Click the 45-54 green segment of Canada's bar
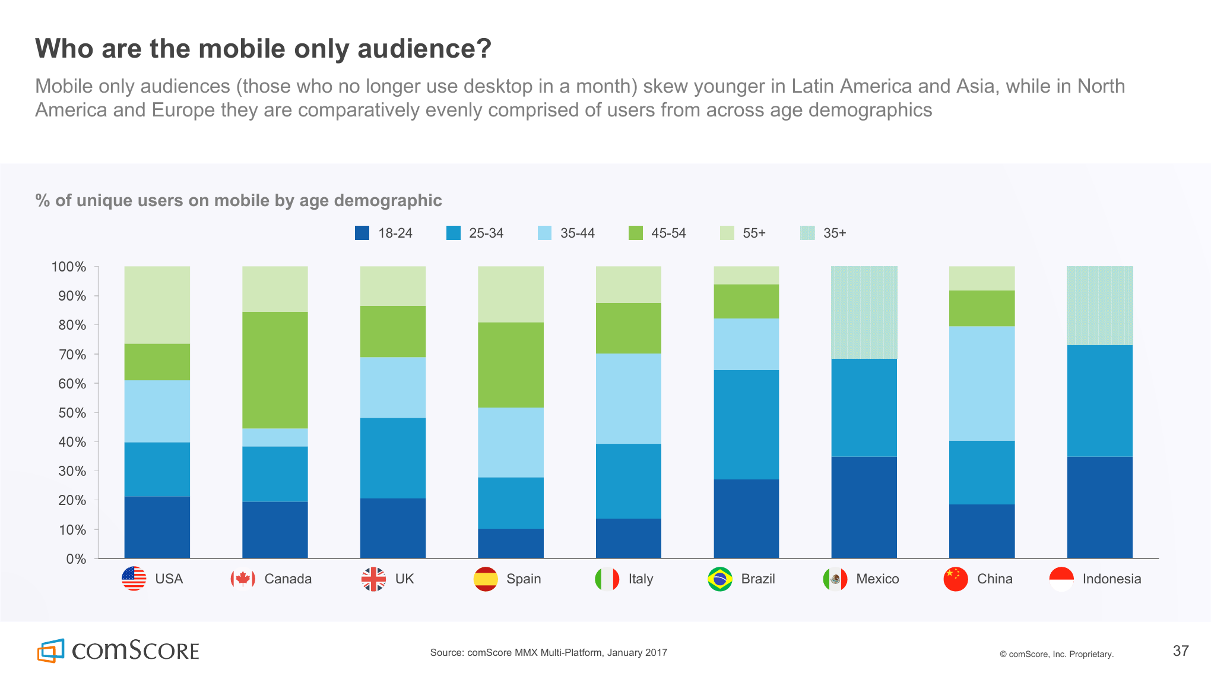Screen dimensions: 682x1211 [275, 370]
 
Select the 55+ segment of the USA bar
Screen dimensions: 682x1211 [157, 305]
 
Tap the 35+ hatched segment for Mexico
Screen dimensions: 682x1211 [864, 312]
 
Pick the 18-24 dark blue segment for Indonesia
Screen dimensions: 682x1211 [1099, 507]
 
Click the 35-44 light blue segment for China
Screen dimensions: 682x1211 [982, 383]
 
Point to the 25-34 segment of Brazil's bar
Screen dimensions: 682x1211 [746, 424]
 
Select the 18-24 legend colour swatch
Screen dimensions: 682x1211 [362, 233]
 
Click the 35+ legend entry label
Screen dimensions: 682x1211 [834, 233]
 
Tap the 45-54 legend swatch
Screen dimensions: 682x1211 [635, 233]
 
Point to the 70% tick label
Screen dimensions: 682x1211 [72, 355]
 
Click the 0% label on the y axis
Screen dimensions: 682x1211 [76, 559]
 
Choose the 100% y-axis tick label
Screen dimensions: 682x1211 [69, 267]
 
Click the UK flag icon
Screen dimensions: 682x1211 [373, 579]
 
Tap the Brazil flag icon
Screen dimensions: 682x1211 [719, 579]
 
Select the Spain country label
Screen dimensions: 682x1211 [523, 579]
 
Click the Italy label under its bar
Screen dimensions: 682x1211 [641, 579]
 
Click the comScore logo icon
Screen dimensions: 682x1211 [51, 651]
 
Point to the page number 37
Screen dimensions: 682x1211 [1180, 651]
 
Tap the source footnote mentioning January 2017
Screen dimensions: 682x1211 [549, 652]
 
